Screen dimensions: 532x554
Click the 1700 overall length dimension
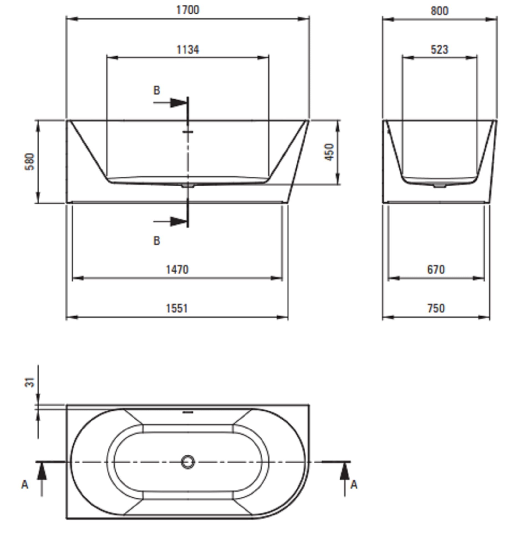pos(188,10)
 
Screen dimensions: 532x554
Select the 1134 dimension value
pos(188,50)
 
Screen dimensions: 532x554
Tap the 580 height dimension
pos(30,162)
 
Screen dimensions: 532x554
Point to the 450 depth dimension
pos(330,152)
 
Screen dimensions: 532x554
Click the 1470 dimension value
pos(177,270)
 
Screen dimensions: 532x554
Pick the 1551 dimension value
pos(177,308)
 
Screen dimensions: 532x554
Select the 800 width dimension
pos(439,11)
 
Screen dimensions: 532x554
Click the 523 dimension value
pos(439,50)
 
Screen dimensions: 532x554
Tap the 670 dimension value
pos(436,270)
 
